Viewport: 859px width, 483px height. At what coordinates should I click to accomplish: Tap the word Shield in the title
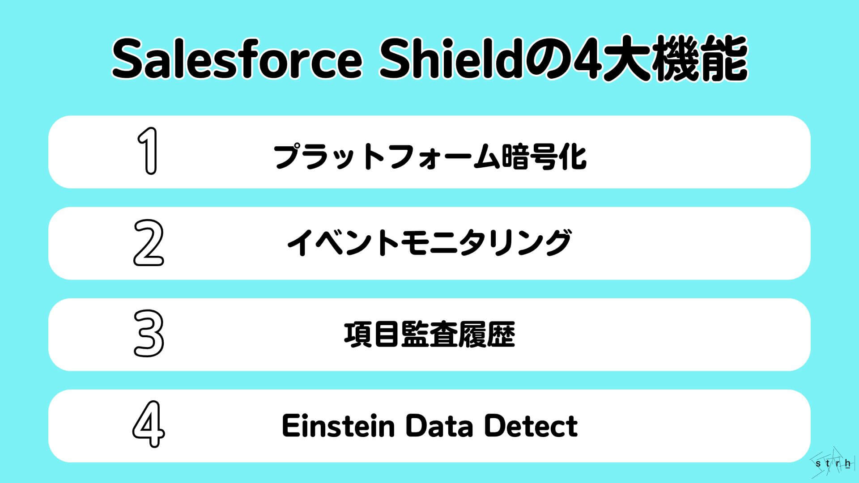click(447, 59)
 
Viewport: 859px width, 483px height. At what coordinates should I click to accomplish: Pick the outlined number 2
click(149, 243)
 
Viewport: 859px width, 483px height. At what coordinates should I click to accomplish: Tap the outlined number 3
click(149, 334)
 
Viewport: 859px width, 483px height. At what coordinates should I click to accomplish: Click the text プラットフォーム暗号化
click(429, 156)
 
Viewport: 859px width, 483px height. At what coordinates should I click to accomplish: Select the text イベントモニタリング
click(429, 243)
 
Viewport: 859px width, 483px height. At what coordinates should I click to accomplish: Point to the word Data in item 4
click(439, 426)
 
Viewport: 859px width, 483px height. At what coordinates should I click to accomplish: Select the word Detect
click(531, 426)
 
